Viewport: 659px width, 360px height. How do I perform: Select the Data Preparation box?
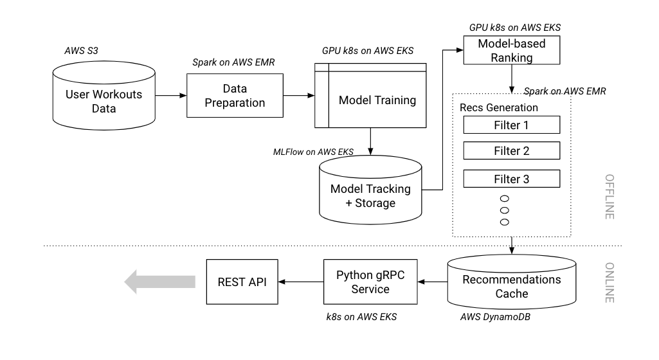[235, 95]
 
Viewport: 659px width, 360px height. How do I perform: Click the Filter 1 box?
[512, 125]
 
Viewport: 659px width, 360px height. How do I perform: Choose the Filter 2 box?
[512, 152]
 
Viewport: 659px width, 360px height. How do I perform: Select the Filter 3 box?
[512, 179]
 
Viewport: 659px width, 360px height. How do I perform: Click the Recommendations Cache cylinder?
[512, 287]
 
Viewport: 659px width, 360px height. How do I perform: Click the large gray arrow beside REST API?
[160, 281]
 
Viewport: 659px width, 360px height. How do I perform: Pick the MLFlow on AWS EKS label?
[313, 152]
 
